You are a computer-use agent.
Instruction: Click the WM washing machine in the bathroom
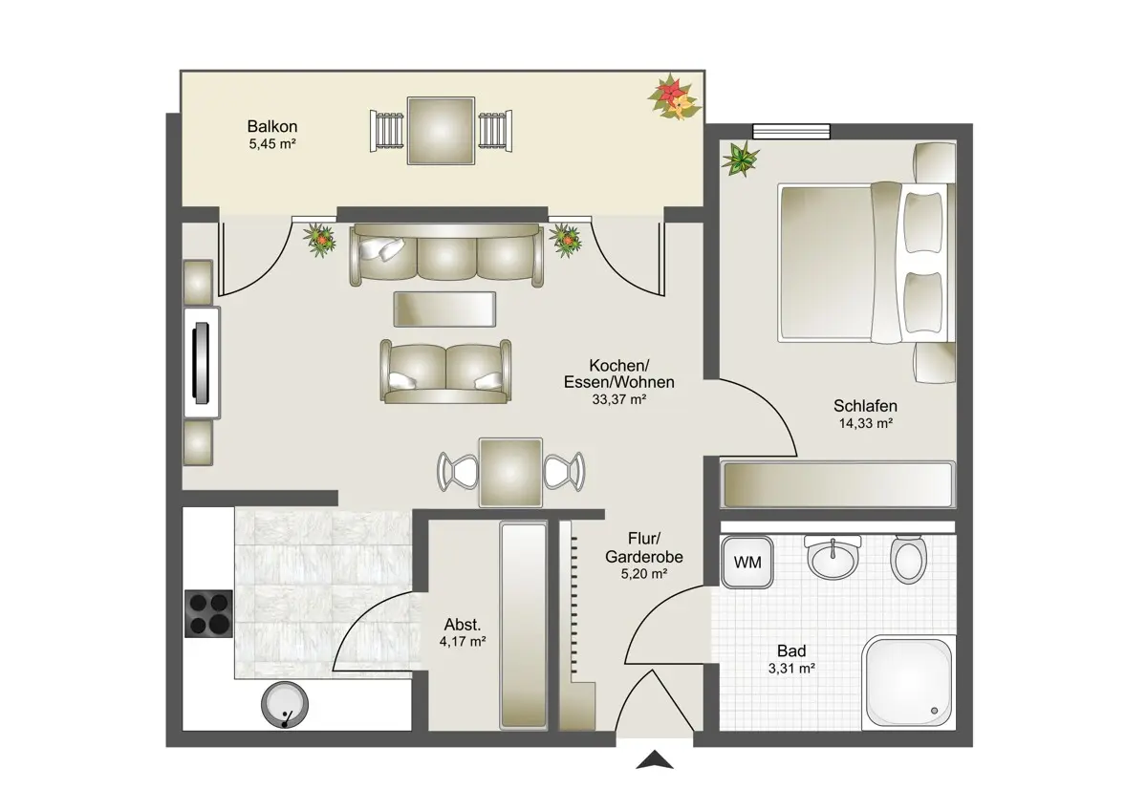pyautogui.click(x=747, y=563)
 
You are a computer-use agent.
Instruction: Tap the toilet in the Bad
pyautogui.click(x=908, y=560)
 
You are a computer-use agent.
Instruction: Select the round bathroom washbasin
pyautogui.click(x=833, y=558)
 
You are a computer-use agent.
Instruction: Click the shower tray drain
pyautogui.click(x=934, y=711)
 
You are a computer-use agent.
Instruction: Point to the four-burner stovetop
pyautogui.click(x=209, y=613)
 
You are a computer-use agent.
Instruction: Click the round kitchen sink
pyautogui.click(x=285, y=705)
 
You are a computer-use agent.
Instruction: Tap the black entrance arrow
pyautogui.click(x=655, y=760)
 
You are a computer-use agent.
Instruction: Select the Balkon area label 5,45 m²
pyautogui.click(x=272, y=144)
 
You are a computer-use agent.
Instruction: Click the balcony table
pyautogui.click(x=441, y=131)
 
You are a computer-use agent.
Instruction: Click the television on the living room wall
pyautogui.click(x=202, y=363)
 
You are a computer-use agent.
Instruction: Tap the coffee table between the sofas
pyautogui.click(x=444, y=309)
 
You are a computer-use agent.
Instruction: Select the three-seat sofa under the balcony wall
pyautogui.click(x=446, y=255)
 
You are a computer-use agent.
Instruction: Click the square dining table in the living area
pyautogui.click(x=510, y=472)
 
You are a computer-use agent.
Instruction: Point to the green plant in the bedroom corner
pyautogui.click(x=741, y=160)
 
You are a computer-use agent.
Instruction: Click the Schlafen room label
pyautogui.click(x=865, y=406)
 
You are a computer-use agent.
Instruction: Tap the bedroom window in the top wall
pyautogui.click(x=791, y=131)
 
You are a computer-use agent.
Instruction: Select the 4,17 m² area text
pyautogui.click(x=463, y=641)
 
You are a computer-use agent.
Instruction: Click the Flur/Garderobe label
pyautogui.click(x=644, y=547)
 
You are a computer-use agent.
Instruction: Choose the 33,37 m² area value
pyautogui.click(x=619, y=399)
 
